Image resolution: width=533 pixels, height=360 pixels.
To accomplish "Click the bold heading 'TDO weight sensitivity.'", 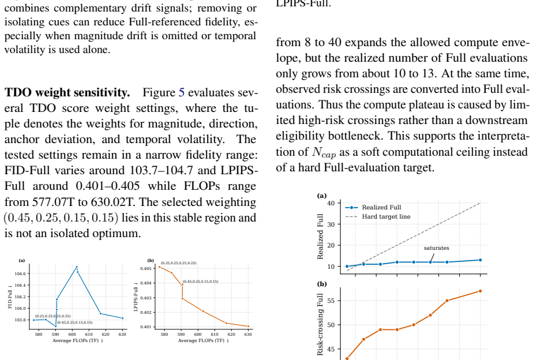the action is (x=67, y=92).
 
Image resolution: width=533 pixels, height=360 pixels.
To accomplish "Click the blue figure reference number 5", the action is (x=182, y=92).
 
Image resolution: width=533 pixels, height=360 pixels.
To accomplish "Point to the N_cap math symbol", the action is (x=324, y=152).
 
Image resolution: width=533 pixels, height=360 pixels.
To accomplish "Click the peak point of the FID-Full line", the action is (x=77, y=267).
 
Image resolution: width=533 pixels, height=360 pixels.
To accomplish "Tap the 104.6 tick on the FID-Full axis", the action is (x=20, y=273).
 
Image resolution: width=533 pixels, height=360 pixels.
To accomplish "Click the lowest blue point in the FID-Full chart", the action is (x=56, y=326).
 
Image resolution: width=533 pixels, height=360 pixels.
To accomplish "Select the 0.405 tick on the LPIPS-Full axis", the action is (x=146, y=268).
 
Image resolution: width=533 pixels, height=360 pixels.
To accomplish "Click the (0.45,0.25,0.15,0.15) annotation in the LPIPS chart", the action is (x=201, y=282).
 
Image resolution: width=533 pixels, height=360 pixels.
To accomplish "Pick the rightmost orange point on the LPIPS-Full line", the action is (x=248, y=327).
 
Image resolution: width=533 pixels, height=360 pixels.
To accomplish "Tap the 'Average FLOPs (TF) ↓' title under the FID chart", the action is (x=78, y=340).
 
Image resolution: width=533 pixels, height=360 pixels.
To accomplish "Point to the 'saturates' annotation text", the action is (x=437, y=248).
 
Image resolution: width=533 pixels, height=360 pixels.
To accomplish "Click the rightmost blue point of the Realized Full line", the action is (x=481, y=260).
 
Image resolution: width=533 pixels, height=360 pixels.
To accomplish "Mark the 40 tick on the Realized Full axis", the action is (x=331, y=203).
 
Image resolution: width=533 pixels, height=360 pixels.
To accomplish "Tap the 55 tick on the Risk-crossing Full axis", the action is (x=331, y=301).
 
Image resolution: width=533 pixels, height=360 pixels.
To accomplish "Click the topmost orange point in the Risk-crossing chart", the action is (x=481, y=291).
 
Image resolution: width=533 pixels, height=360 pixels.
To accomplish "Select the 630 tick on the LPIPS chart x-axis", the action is (x=248, y=335).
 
